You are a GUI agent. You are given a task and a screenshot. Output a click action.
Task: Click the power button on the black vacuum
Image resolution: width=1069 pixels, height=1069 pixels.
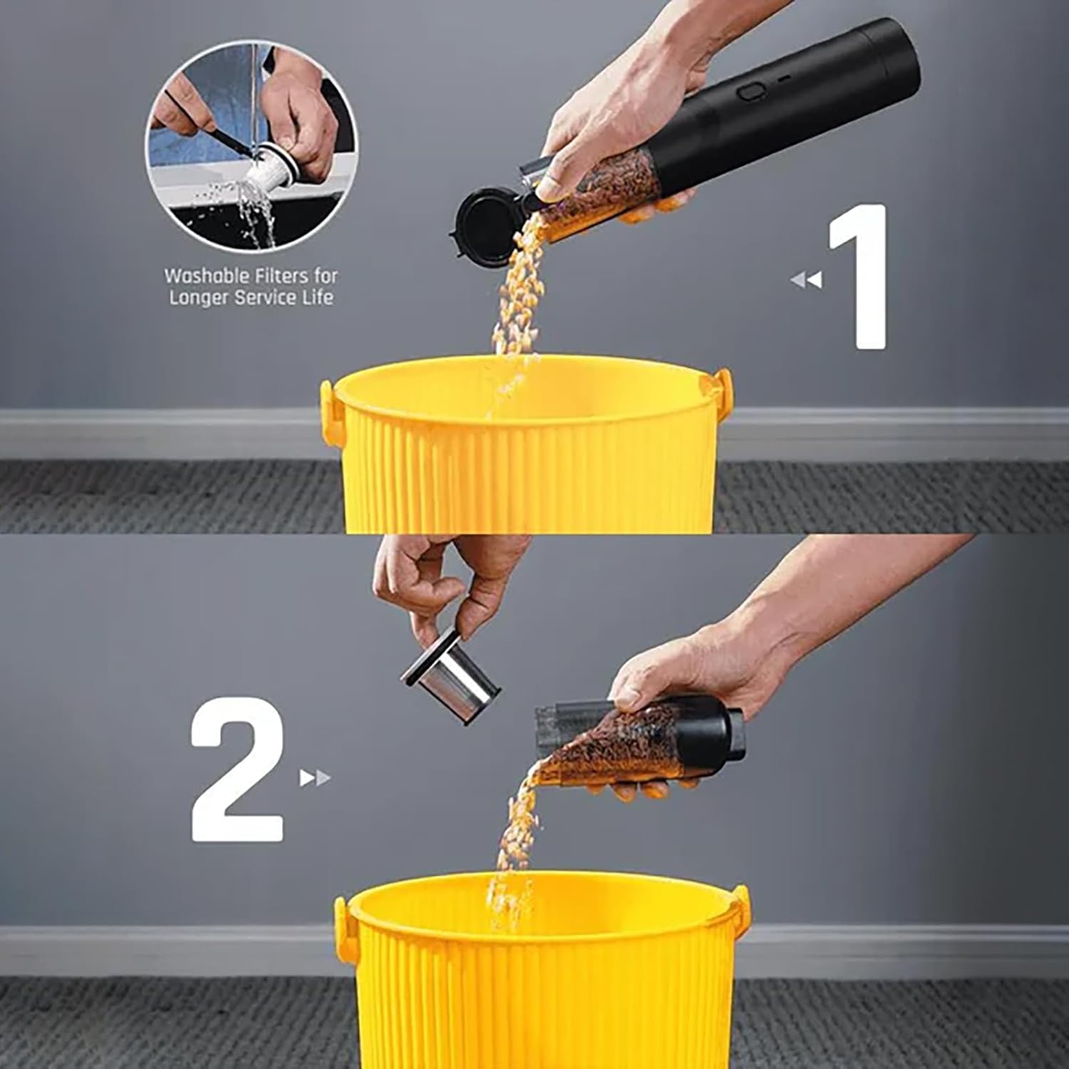(x=749, y=92)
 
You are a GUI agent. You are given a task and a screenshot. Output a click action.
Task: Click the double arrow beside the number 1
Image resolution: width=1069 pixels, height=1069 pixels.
(x=806, y=280)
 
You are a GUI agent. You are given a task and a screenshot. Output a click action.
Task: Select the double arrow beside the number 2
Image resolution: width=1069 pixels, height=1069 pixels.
(x=315, y=778)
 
